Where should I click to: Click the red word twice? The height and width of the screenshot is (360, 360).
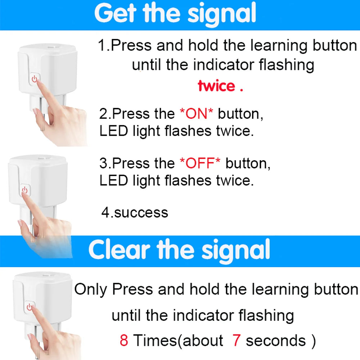(216, 86)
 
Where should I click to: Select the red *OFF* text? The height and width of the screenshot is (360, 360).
(200, 163)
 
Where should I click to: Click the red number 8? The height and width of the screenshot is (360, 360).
(124, 340)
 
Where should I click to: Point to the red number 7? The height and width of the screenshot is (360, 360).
(237, 340)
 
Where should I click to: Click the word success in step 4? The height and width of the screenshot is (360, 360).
(141, 213)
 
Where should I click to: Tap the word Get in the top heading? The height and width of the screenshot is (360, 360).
(115, 13)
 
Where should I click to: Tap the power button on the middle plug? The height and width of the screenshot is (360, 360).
(25, 190)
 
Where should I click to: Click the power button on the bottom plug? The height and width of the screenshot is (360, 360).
(30, 307)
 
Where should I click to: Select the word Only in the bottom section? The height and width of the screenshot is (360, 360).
(90, 289)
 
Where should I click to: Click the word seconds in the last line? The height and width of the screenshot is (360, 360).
(276, 340)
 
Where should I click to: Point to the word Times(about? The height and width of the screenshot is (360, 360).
(178, 340)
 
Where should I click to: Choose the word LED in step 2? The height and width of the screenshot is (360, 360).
(113, 131)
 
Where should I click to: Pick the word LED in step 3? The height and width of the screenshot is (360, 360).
(113, 180)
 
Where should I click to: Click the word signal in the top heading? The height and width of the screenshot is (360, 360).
(222, 15)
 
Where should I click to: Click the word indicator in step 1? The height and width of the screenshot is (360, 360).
(224, 65)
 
